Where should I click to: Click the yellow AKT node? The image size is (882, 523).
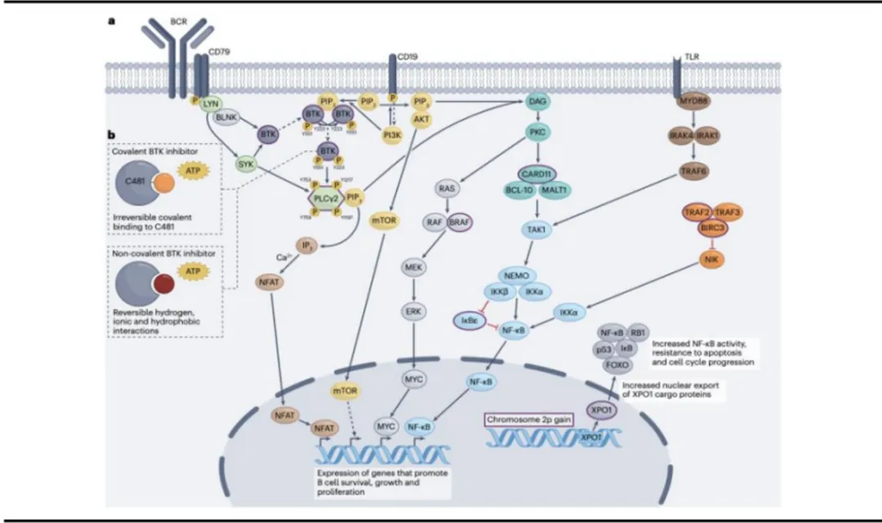pos(421,118)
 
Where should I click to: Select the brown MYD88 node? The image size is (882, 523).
pos(693,101)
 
